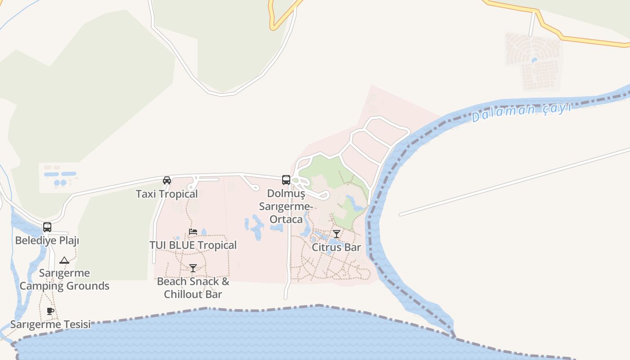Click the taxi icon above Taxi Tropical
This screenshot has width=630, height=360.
[167, 180]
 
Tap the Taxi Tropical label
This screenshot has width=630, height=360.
[167, 194]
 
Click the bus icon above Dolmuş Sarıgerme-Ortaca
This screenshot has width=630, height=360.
[286, 180]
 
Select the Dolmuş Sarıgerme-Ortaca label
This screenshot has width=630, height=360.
[286, 206]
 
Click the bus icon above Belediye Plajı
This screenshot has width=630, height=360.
[47, 227]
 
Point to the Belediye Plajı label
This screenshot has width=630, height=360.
[47, 240]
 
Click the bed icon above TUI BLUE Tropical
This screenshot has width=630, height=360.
[193, 232]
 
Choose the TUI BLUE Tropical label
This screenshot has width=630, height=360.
[193, 245]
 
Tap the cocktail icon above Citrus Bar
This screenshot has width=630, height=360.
[337, 234]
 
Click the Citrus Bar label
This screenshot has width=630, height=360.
[337, 247]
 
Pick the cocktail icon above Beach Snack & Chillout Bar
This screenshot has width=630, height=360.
[193, 268]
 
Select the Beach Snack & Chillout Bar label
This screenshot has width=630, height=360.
[193, 288]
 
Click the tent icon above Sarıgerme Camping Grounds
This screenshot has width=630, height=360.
[64, 260]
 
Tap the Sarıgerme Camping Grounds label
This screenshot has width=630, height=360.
[64, 279]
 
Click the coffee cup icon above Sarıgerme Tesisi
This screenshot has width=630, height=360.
[50, 311]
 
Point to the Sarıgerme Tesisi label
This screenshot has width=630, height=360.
[50, 324]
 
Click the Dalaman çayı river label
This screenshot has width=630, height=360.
[521, 112]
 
